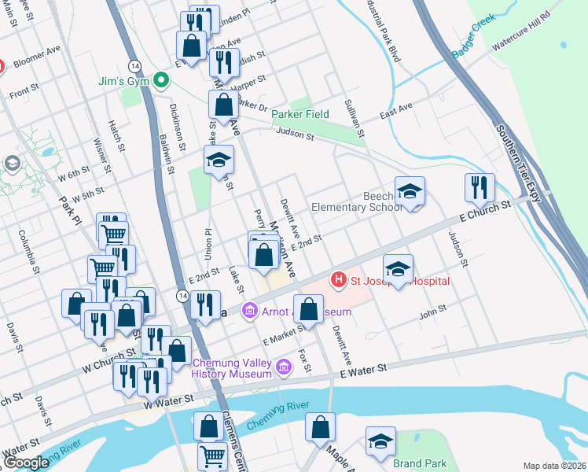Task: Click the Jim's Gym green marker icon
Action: coord(161,80)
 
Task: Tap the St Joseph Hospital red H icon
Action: coord(339,279)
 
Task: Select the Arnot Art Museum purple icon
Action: coord(250,312)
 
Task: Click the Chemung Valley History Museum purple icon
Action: coord(285,364)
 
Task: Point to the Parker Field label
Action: coord(300,114)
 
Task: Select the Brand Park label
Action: coord(420,464)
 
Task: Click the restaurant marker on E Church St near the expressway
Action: coord(480,189)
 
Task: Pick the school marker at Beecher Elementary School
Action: coord(410,192)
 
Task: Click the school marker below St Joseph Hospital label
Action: coord(399,271)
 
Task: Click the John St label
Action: coord(432,315)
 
